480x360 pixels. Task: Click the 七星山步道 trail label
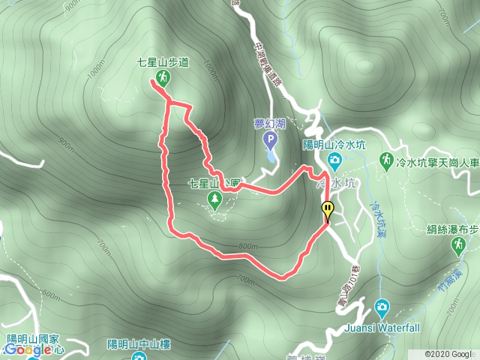click(x=163, y=64)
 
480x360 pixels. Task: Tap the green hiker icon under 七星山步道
click(x=163, y=77)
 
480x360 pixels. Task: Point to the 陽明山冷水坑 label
click(x=333, y=145)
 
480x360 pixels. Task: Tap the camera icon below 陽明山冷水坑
click(x=333, y=159)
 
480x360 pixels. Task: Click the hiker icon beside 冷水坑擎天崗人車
click(x=385, y=160)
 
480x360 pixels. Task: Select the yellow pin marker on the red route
click(x=327, y=210)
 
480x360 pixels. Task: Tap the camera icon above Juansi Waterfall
click(x=382, y=306)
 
